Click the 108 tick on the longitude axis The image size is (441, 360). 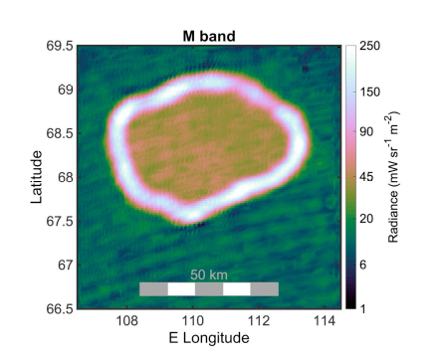pyautogui.click(x=126, y=321)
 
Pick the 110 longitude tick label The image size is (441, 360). pyautogui.click(x=193, y=321)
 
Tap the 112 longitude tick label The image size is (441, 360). pyautogui.click(x=259, y=321)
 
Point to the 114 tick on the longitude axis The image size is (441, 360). pyautogui.click(x=326, y=321)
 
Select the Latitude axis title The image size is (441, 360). pyautogui.click(x=37, y=177)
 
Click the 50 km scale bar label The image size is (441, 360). pyautogui.click(x=209, y=273)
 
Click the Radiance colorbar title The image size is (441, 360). pyautogui.click(x=396, y=177)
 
